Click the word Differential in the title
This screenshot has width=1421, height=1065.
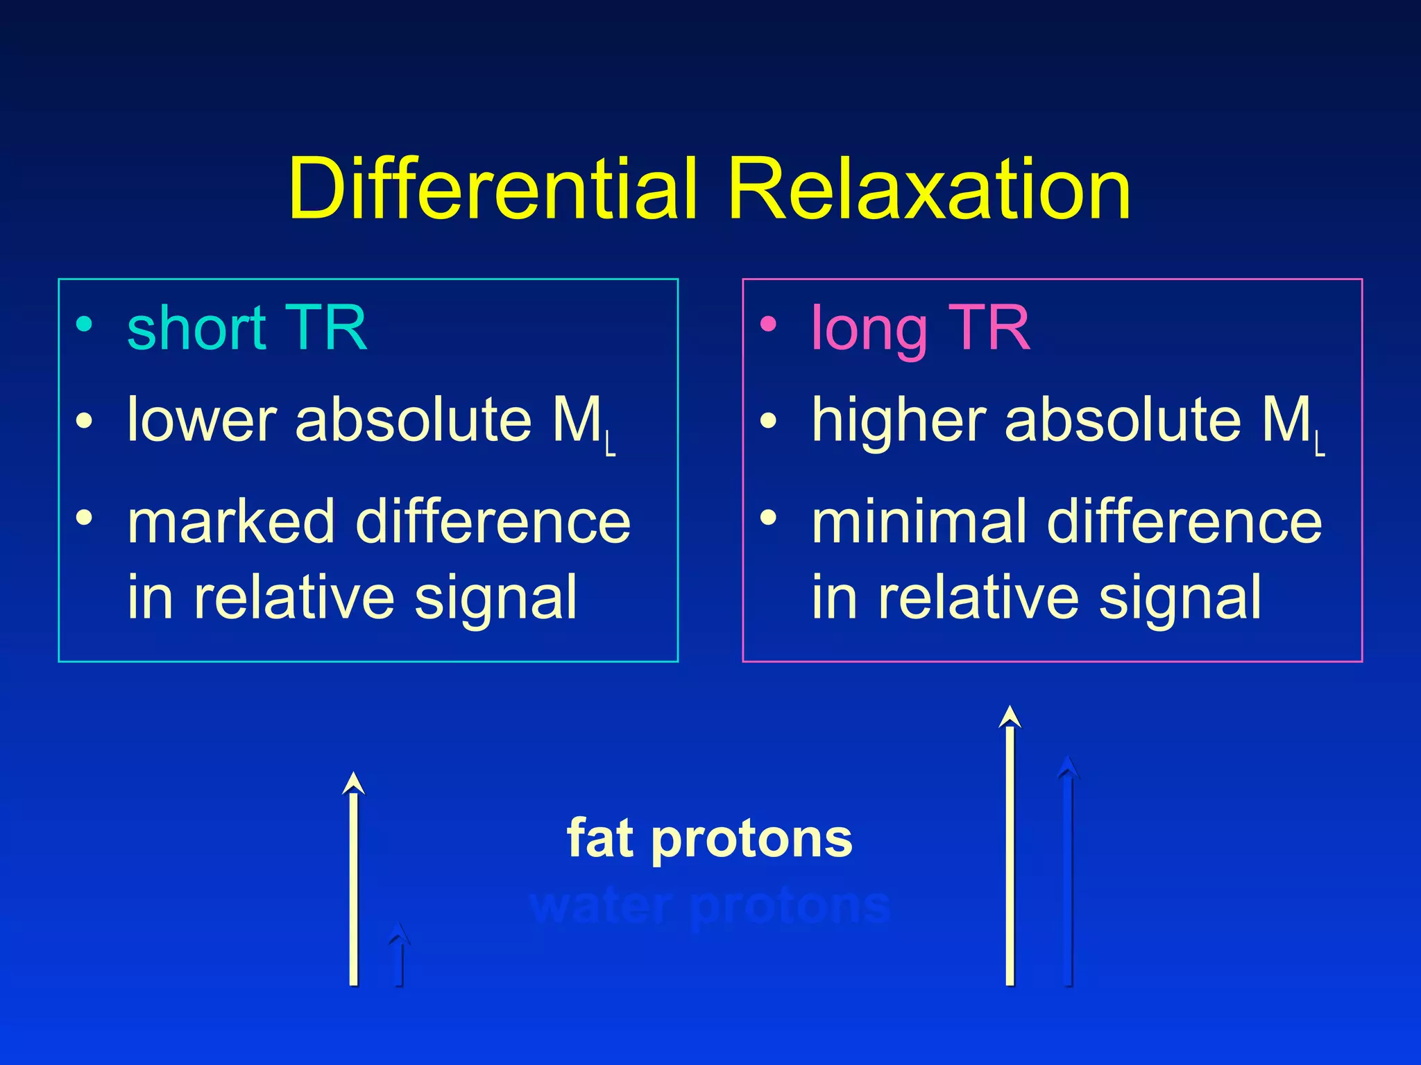click(x=492, y=189)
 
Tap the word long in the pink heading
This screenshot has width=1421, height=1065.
click(x=869, y=329)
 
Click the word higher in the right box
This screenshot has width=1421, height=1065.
click(x=899, y=420)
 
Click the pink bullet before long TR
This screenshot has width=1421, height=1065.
click(x=768, y=324)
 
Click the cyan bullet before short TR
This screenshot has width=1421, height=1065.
click(x=84, y=324)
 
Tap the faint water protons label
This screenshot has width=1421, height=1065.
click(x=709, y=906)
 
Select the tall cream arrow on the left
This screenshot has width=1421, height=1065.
click(x=354, y=881)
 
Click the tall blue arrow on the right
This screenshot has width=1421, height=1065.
click(x=1068, y=874)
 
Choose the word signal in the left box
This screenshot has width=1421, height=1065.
click(x=495, y=598)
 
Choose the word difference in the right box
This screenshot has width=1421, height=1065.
click(x=1184, y=521)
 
